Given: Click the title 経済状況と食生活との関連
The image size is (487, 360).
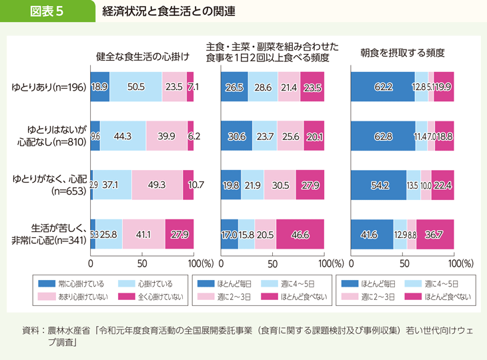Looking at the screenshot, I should pyautogui.click(x=169, y=12).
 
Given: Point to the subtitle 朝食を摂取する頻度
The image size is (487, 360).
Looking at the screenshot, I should pyautogui.click(x=402, y=51).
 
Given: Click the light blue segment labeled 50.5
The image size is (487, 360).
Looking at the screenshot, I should pyautogui.click(x=135, y=87).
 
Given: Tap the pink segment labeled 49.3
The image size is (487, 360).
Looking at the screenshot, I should pyautogui.click(x=157, y=185).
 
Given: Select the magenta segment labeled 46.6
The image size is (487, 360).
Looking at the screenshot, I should pyautogui.click(x=300, y=234).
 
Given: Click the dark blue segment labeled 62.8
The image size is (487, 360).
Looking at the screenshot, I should pyautogui.click(x=382, y=136).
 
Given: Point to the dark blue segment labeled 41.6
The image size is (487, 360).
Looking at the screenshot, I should pyautogui.click(x=372, y=234).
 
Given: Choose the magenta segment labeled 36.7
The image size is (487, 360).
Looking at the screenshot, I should pyautogui.click(x=435, y=234).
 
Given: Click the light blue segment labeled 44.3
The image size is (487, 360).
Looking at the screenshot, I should pyautogui.click(x=122, y=136).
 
